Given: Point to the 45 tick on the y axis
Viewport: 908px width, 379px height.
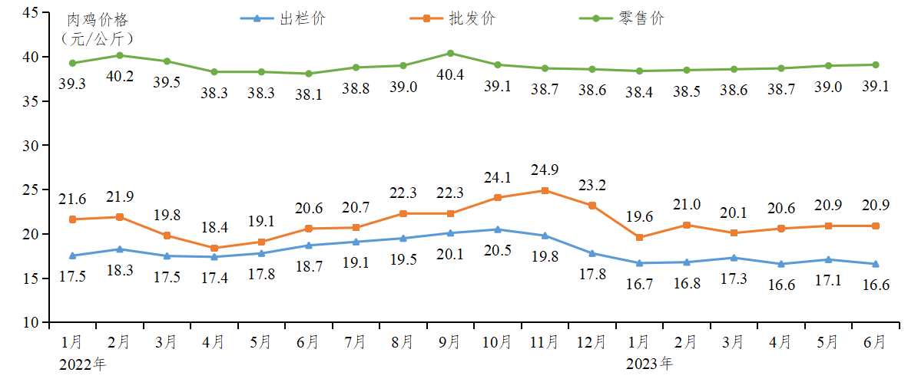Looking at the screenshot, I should point(31,12).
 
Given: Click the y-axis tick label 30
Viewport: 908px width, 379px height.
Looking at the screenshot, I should point(31,145).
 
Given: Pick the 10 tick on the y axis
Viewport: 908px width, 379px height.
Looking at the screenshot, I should point(31,322).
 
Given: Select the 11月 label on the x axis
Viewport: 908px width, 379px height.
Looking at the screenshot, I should point(545,341).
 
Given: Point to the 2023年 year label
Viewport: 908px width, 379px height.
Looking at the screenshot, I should point(649,362).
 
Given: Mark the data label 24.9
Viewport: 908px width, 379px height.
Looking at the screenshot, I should point(545,169).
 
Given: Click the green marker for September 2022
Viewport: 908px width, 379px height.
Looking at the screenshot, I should point(450,53).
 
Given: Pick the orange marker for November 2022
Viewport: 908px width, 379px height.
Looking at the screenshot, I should point(545,190).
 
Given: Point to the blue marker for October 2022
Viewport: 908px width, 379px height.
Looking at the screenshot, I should point(498,229).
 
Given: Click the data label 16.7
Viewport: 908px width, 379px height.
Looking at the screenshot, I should point(639,284).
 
